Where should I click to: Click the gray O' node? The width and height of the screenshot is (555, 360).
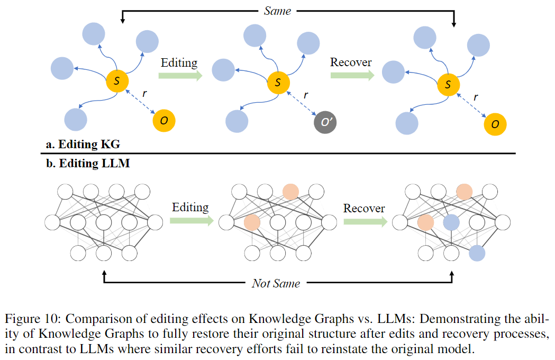pos(325,123)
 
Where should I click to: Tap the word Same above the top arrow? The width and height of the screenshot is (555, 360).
pos(277,11)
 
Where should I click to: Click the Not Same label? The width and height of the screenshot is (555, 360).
pos(276,284)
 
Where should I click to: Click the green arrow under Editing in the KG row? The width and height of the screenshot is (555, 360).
pos(181,76)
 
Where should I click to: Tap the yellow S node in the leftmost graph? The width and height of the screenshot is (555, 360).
pos(117,81)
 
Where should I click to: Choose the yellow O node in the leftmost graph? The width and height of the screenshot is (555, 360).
pos(164,121)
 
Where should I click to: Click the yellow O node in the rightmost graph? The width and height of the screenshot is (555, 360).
pos(495,124)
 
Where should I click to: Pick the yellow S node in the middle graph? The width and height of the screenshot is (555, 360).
pos(278,82)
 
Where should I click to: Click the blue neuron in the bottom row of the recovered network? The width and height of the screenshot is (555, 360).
pos(477,253)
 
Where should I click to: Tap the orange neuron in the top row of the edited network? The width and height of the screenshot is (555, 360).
pos(290,192)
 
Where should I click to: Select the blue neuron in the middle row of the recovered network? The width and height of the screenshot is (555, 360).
pos(451,222)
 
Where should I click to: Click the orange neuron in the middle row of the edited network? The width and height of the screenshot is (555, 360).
pos(252,222)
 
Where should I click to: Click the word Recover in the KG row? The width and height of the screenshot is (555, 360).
pos(351,62)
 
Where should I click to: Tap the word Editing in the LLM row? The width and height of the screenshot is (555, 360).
pos(190,207)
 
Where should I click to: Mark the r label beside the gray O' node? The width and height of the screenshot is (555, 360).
pos(305,95)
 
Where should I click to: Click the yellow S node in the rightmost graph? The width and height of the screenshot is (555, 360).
pos(449,84)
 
